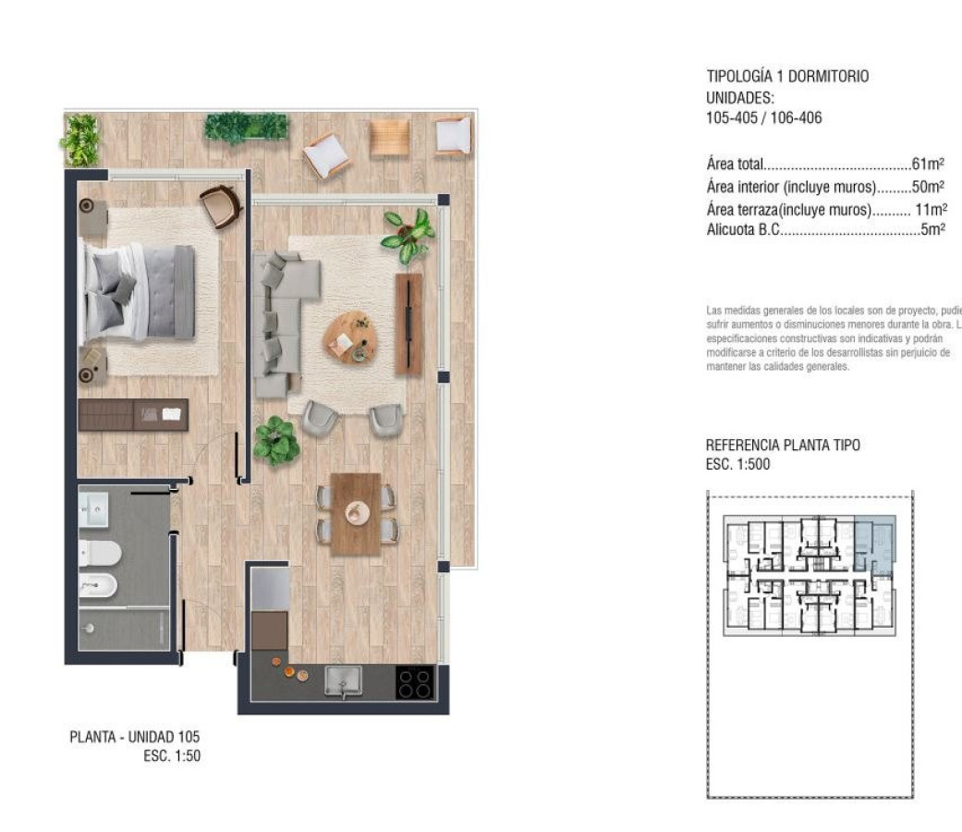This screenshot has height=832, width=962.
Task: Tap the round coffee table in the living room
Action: coord(350,337)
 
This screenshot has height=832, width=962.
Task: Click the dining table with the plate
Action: coord(356,514)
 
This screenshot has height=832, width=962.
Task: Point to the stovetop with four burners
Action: coord(415,683)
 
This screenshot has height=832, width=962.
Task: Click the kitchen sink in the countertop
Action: coord(343,681)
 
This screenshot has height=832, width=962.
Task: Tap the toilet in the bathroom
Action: coord(99,553)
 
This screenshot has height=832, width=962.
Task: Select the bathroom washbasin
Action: coord(93,507)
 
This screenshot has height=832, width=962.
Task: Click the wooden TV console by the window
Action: coord(408,324)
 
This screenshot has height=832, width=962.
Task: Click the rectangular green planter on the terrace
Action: coord(246,128)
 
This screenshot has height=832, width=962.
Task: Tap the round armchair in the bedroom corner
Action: coord(221,205)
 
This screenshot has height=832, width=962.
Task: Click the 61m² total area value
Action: coord(927,165)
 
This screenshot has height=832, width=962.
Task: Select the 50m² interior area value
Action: coord(927,187)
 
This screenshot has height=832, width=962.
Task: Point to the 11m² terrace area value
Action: coord(930,209)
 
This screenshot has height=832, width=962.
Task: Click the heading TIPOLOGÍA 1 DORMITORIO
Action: coord(787,77)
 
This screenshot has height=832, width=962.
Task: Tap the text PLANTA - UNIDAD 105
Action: coord(135,737)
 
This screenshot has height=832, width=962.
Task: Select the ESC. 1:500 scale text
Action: coord(737,464)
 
